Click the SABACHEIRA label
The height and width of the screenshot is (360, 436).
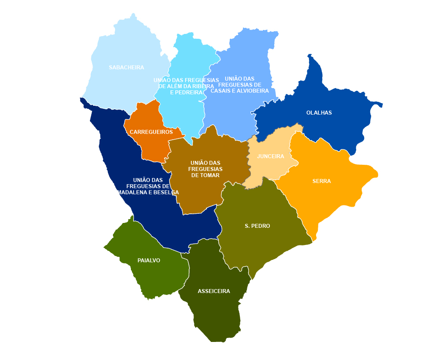tap(127, 67)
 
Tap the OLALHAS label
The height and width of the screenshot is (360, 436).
tap(319, 113)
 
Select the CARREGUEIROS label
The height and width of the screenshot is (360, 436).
tap(151, 132)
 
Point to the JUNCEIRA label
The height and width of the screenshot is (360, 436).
tap(270, 156)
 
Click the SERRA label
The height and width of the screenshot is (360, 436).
tap(321, 181)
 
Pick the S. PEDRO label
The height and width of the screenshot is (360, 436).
tap(257, 226)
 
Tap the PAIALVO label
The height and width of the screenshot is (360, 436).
tap(149, 260)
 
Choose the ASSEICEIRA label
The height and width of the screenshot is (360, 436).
tap(214, 291)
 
